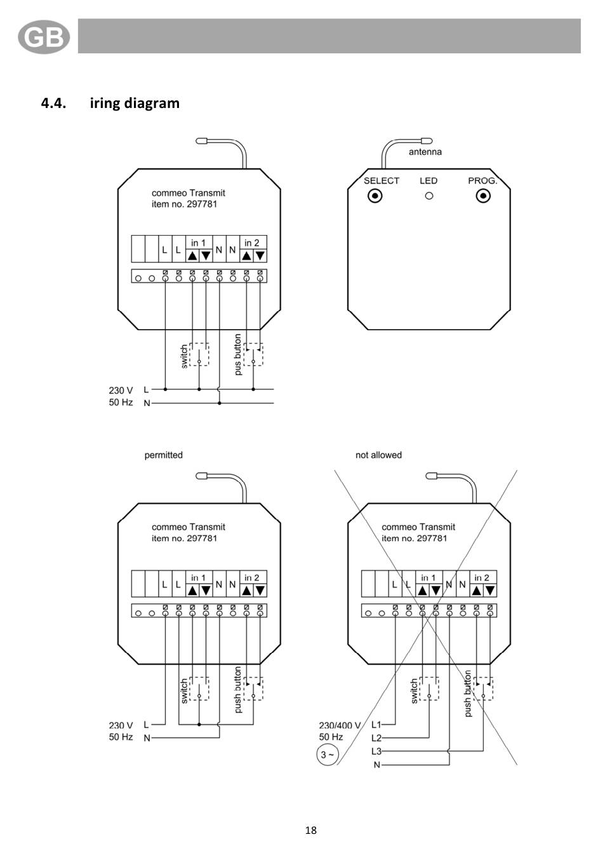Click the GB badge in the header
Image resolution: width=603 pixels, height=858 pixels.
tap(44, 37)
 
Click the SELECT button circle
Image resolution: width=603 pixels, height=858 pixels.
tap(374, 196)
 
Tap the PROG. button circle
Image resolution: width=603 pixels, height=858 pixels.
tap(483, 196)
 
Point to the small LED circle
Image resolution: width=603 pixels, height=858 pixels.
tap(429, 196)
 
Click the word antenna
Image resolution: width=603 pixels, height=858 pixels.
tap(425, 152)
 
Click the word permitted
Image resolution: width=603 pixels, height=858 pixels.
tap(164, 455)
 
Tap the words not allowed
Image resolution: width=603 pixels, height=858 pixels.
tap(378, 455)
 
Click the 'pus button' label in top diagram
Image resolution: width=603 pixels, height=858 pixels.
tap(238, 354)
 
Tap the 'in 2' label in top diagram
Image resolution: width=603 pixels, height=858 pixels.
tap(251, 243)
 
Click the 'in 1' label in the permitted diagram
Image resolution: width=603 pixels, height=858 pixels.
tap(198, 578)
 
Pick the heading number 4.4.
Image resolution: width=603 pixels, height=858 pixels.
tap(53, 103)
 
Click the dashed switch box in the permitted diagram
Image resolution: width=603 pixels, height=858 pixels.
tap(199, 688)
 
